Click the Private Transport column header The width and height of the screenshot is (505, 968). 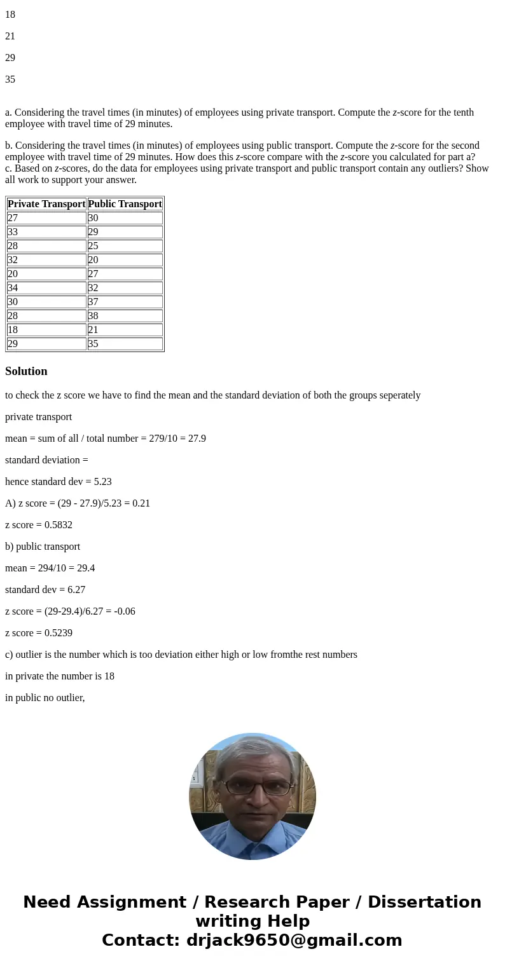(x=46, y=204)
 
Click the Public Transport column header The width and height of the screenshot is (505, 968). (x=125, y=204)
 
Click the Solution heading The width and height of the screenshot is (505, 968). (x=26, y=371)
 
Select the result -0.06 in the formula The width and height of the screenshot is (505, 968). (x=125, y=611)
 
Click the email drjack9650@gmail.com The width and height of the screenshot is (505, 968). (x=294, y=941)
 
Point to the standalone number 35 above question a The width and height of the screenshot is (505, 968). (x=10, y=79)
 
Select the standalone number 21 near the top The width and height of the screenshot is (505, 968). (x=10, y=36)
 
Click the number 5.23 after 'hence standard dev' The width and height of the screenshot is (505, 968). (x=102, y=482)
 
